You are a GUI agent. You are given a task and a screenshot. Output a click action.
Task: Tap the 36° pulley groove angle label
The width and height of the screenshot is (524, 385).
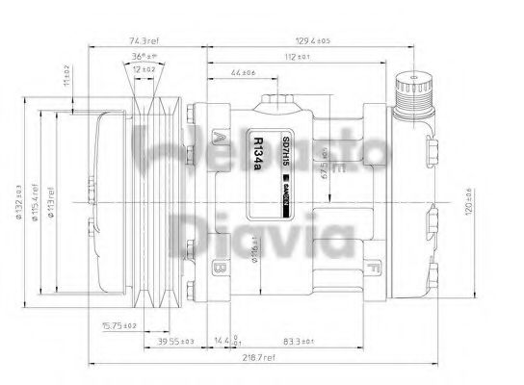click(x=144, y=56)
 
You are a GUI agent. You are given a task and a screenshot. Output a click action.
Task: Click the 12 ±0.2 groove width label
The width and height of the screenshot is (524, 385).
click(x=145, y=70)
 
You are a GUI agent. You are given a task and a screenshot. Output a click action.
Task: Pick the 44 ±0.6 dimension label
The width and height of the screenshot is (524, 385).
click(x=244, y=73)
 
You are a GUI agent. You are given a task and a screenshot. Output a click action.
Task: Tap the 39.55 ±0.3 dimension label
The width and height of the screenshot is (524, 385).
click(x=174, y=342)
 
